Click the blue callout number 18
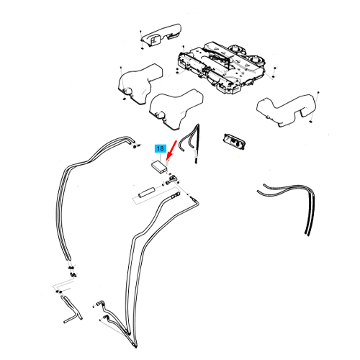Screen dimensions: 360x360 point(161,148)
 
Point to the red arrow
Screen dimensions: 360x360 point(172,150)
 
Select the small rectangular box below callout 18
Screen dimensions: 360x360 point(159,166)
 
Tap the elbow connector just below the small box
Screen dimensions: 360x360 point(171,179)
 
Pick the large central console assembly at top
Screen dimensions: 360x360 point(221,68)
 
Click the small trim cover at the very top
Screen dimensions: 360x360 point(160,35)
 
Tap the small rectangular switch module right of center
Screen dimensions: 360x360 point(233,140)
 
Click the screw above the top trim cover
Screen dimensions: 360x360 point(140,32)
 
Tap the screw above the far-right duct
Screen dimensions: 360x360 point(318,92)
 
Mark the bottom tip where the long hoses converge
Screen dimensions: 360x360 point(135,347)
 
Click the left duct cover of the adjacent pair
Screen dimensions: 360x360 point(140,84)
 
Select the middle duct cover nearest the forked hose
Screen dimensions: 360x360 point(176,109)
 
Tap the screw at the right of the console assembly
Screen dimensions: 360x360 point(275,68)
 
